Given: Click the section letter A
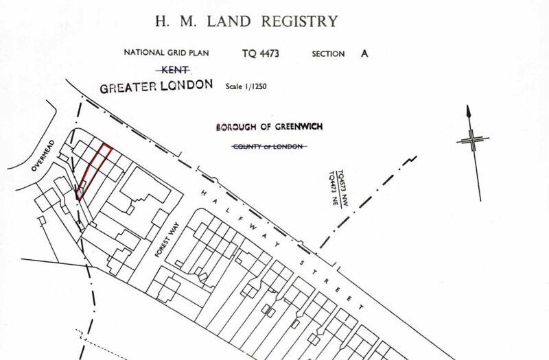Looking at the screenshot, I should pyautogui.click(x=365, y=53).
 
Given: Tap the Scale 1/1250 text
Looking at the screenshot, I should pyautogui.click(x=248, y=88).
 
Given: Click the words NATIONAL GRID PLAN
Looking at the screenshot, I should pyautogui.click(x=165, y=53).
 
